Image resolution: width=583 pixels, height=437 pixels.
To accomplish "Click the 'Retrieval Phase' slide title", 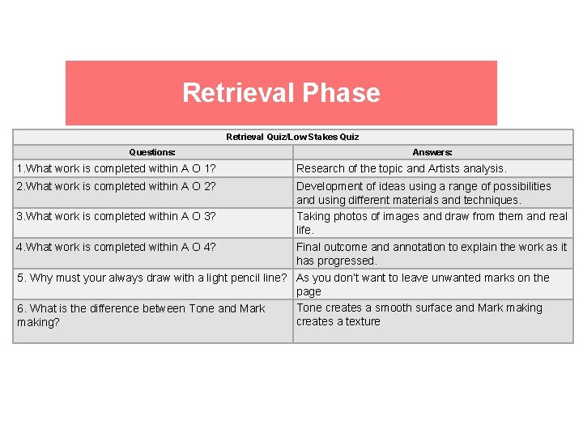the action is (x=281, y=92).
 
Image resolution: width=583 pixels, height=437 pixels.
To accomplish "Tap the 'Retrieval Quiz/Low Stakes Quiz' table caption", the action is (x=292, y=137).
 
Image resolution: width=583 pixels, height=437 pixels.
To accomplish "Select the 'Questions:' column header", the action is (x=152, y=152).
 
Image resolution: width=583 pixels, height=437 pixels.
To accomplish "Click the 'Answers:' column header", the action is (x=432, y=152).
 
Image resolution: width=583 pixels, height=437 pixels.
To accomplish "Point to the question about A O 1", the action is (x=117, y=168).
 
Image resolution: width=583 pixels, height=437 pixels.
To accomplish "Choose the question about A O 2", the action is (x=117, y=186).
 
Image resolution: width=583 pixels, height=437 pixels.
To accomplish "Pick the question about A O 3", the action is (x=117, y=216).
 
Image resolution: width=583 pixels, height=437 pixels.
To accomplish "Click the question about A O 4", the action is (x=117, y=247).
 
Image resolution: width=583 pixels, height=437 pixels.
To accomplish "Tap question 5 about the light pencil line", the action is (x=153, y=278).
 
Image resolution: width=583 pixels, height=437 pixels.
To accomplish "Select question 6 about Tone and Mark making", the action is (x=141, y=315).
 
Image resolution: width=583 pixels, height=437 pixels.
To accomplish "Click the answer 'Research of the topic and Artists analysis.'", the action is (x=402, y=168).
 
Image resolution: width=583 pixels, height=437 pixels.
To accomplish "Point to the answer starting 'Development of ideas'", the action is (x=423, y=193).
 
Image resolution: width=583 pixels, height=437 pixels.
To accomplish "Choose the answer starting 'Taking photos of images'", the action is (x=432, y=223).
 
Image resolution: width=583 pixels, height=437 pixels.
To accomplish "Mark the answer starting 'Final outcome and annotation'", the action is (x=432, y=253).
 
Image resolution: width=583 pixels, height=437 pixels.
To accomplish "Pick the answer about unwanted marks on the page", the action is (x=423, y=284).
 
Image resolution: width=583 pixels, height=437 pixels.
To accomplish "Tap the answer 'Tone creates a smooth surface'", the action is (x=419, y=314).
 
